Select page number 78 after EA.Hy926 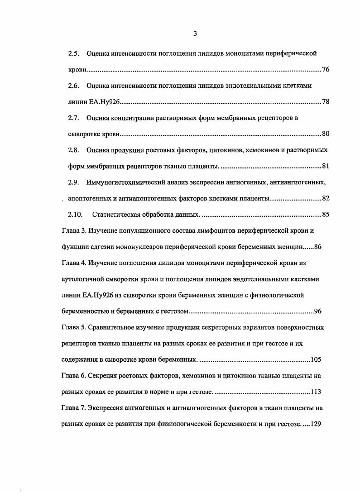pyautogui.click(x=325, y=101)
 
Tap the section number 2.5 pyautogui.click(x=74, y=53)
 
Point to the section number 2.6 pyautogui.click(x=74, y=86)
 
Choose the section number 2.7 pyautogui.click(x=74, y=118)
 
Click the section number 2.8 pyautogui.click(x=74, y=150)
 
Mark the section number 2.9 pyautogui.click(x=74, y=182)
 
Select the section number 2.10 pyautogui.click(x=76, y=214)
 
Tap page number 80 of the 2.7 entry pyautogui.click(x=325, y=134)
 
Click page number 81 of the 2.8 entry pyautogui.click(x=325, y=166)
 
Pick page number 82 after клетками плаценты pyautogui.click(x=325, y=198)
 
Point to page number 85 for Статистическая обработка pyautogui.click(x=325, y=214)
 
